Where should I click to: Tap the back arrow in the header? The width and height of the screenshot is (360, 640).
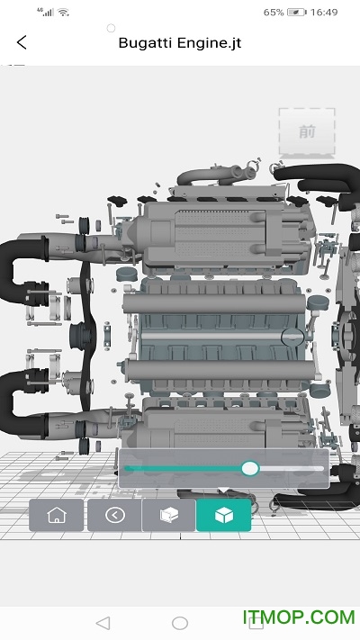pos(22,42)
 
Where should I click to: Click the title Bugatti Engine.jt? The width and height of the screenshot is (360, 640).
pos(180,43)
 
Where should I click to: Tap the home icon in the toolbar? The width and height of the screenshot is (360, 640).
pos(57,515)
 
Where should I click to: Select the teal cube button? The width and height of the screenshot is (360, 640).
pos(224,515)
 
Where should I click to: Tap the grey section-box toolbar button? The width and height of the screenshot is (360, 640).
pos(168,515)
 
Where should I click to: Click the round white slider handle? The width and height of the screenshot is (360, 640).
pos(250,469)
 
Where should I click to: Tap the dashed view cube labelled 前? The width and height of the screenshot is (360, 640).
pos(307,131)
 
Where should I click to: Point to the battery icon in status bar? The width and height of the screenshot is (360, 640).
pos(297,13)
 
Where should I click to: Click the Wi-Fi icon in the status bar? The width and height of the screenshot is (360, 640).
pos(63,13)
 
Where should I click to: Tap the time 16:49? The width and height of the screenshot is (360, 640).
pos(324,13)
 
